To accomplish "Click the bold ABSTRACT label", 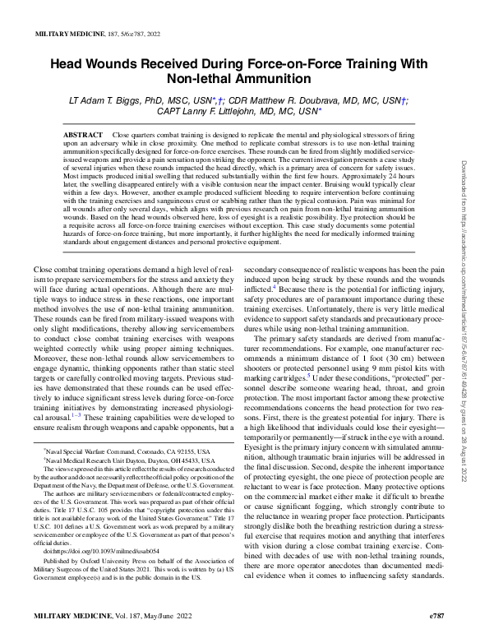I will pyautogui.click(x=83, y=133).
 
